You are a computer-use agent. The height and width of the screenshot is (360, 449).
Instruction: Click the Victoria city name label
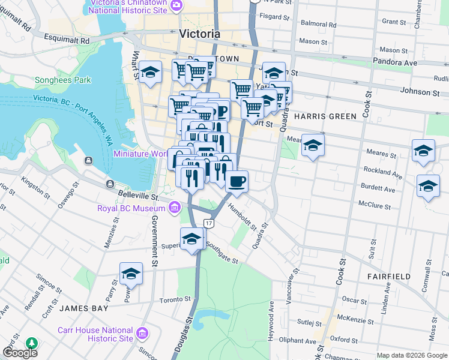pyautogui.click(x=200, y=34)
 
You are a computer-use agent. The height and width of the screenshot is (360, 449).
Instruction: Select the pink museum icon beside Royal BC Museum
pyautogui.click(x=175, y=208)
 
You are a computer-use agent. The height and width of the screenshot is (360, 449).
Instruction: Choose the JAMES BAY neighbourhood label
pyautogui.click(x=83, y=308)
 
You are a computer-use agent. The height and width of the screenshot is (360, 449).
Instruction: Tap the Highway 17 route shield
pyautogui.click(x=208, y=223)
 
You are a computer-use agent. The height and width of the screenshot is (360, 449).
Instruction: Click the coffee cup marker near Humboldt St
pyautogui.click(x=237, y=181)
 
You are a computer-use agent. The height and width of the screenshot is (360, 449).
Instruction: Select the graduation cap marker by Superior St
pyautogui.click(x=191, y=238)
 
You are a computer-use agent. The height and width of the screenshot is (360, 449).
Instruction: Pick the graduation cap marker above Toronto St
pyautogui.click(x=131, y=274)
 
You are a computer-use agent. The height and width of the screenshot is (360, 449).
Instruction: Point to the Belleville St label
pyautogui.click(x=138, y=196)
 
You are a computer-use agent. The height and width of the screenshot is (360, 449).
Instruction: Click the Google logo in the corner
pyautogui.click(x=20, y=353)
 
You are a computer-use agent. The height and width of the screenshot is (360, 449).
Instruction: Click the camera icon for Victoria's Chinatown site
pyautogui.click(x=176, y=6)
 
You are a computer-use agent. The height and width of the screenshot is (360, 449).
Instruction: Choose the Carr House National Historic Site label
pyautogui.click(x=95, y=334)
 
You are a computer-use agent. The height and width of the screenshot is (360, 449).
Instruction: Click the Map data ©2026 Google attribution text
pyautogui.click(x=411, y=355)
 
